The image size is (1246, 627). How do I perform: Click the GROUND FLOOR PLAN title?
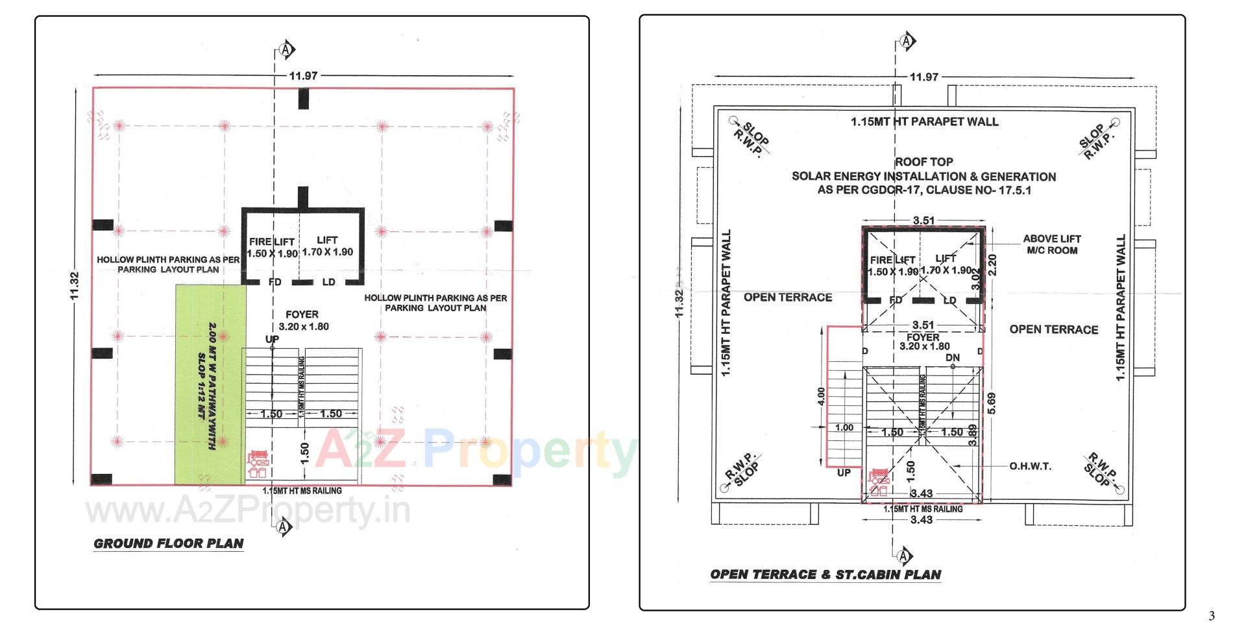click(169, 543)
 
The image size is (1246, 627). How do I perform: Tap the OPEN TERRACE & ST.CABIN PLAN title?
click(825, 574)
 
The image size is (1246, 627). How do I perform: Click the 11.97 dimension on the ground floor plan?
click(303, 76)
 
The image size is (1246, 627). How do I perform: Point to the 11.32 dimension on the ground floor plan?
click(75, 285)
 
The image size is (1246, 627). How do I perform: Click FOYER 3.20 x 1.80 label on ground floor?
click(302, 320)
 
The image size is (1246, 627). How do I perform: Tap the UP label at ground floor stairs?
click(272, 339)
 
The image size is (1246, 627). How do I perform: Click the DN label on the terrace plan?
click(952, 358)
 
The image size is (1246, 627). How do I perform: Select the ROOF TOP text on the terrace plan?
click(924, 161)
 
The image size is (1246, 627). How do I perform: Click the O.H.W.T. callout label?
click(1030, 466)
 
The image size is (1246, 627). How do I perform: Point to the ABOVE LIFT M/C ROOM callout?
click(1051, 244)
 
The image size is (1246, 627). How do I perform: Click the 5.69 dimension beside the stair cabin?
click(991, 403)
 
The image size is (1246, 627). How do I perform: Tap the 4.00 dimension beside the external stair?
click(821, 397)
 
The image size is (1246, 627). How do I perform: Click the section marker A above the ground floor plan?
click(286, 49)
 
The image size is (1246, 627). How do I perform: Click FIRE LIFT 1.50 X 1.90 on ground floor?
click(272, 248)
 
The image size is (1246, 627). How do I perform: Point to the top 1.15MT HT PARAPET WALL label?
click(924, 121)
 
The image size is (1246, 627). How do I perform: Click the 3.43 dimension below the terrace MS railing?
click(921, 519)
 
